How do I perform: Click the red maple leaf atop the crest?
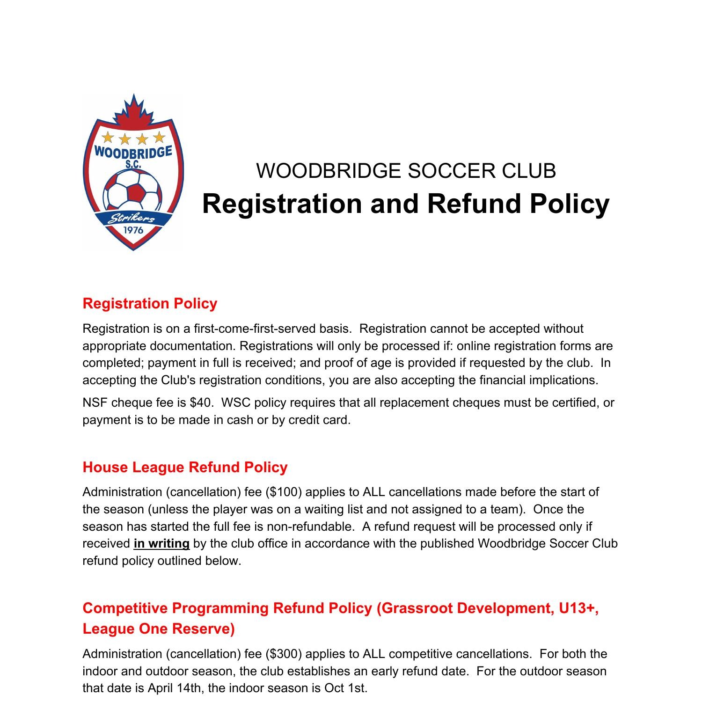point(134,112)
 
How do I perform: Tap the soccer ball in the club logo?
point(133,190)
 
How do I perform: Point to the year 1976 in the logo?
point(133,230)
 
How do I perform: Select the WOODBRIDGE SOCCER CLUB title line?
point(406,171)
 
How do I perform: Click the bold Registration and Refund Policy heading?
point(406,204)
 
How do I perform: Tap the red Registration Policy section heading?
point(150,303)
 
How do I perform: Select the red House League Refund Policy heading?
point(185,467)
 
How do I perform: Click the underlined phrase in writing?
point(161,543)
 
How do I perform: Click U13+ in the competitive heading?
point(578,608)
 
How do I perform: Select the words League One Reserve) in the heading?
point(159,629)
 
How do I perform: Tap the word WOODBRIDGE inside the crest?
point(133,152)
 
